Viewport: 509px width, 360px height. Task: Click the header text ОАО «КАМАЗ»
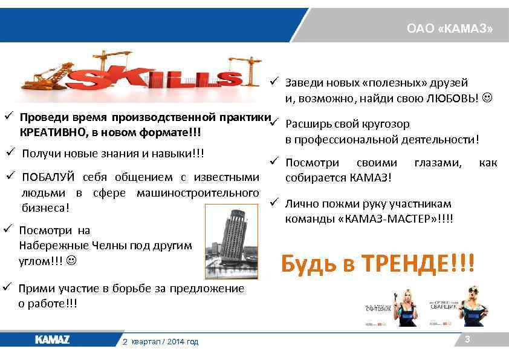coord(450,28)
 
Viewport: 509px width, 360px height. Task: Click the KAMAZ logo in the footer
coord(53,340)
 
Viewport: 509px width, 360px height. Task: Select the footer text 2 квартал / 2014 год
coord(160,342)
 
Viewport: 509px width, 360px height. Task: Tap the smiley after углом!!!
coord(71,261)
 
